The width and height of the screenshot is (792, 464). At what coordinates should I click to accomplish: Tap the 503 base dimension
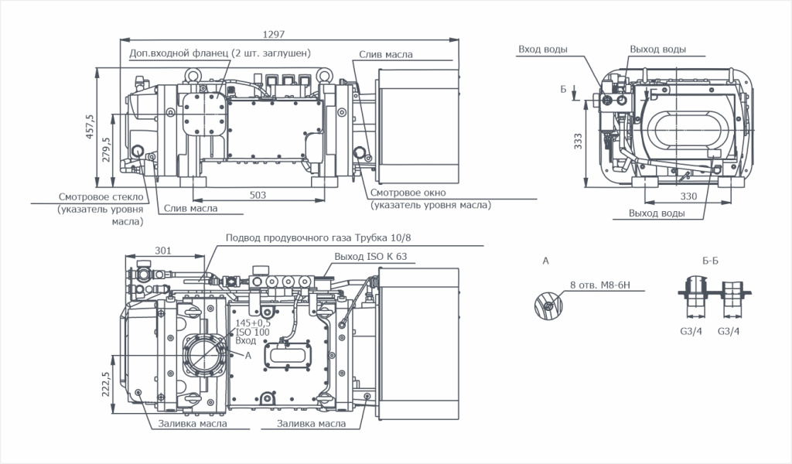[258, 194]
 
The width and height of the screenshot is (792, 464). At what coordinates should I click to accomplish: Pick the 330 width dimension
[688, 196]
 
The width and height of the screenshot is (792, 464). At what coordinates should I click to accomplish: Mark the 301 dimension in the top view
[162, 250]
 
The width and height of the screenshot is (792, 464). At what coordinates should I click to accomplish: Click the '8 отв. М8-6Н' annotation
[600, 285]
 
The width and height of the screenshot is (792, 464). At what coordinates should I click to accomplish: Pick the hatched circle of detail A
[545, 305]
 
